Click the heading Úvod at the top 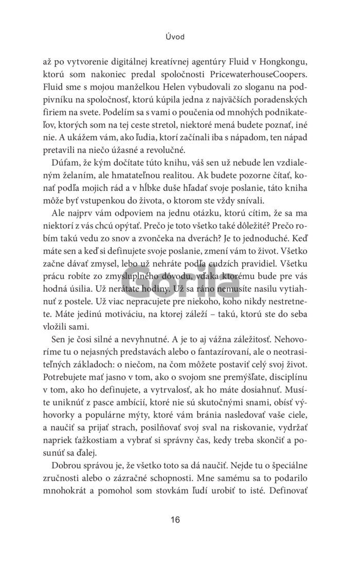(176, 37)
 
